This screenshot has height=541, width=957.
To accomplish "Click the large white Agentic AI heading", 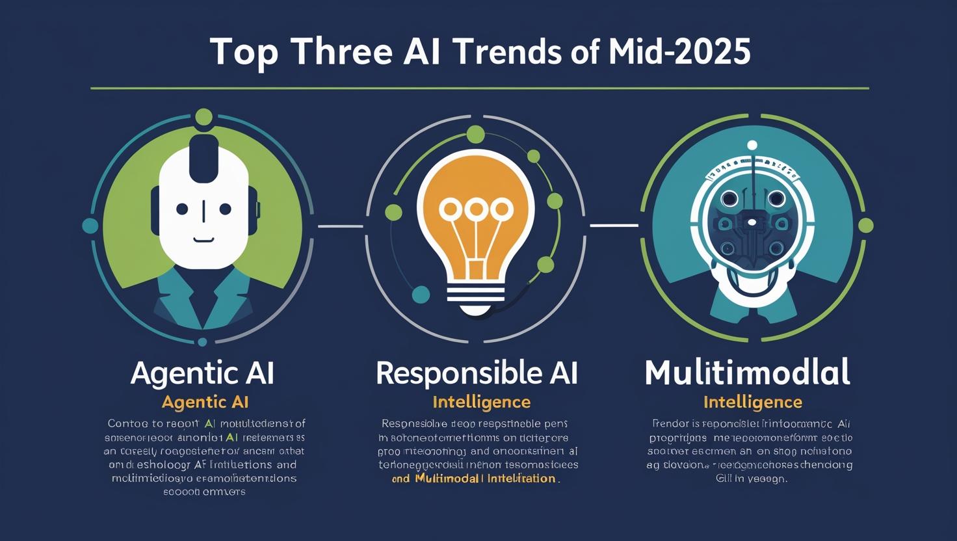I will click(x=202, y=373).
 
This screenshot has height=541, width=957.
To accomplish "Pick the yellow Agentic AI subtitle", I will click(x=205, y=402).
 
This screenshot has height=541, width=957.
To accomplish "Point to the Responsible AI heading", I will click(x=477, y=373).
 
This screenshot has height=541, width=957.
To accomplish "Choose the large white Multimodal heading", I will click(x=747, y=373).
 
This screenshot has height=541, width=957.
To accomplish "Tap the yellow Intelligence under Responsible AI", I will click(x=481, y=402).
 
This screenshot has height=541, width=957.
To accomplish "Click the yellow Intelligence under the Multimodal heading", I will click(x=752, y=402).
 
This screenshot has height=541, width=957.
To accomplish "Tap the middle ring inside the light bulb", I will click(x=476, y=209).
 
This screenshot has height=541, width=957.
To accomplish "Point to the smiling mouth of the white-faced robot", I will click(x=203, y=239).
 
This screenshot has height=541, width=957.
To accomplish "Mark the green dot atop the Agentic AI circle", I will click(x=203, y=117).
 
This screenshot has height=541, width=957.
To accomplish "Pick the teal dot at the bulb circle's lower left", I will click(x=421, y=294).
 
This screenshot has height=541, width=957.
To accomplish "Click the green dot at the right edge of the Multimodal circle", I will click(x=865, y=226).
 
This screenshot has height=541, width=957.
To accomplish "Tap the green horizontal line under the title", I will click(x=479, y=88).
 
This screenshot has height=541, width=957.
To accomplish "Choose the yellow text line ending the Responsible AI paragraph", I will click(x=475, y=479).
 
